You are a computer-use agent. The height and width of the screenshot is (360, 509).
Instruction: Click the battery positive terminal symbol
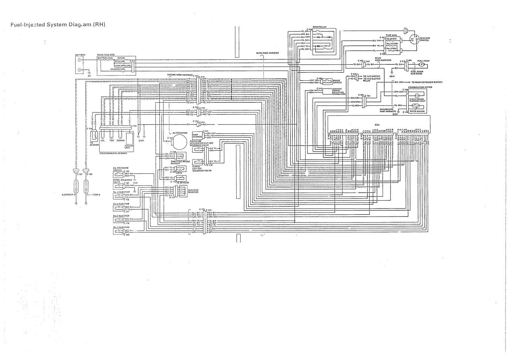[79, 60]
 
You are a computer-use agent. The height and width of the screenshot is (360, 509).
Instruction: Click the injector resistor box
[182, 191]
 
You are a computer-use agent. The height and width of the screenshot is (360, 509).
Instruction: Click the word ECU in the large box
[377, 124]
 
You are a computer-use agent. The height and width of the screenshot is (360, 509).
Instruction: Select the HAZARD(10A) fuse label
[118, 69]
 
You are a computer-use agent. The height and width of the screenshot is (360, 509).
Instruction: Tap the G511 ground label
[392, 76]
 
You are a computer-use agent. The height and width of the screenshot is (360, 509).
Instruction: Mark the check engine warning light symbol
[417, 96]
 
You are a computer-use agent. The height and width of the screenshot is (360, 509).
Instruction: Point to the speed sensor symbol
[417, 107]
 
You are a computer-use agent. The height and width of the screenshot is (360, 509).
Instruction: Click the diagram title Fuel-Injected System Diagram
[58, 25]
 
